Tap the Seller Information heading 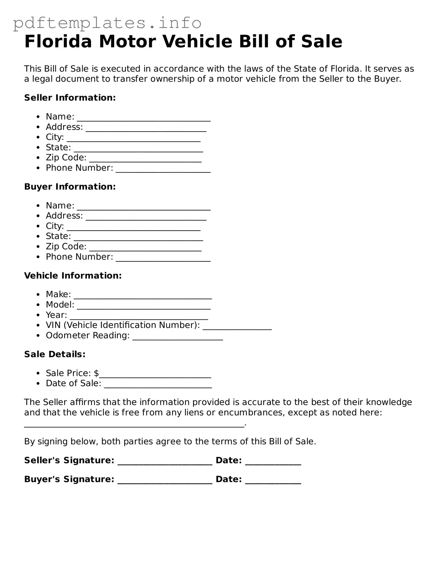pyautogui.click(x=70, y=98)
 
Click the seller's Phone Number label pyautogui.click(x=79, y=168)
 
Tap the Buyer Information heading pyautogui.click(x=70, y=187)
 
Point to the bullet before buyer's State pyautogui.click(x=39, y=237)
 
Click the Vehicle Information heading pyautogui.click(x=73, y=275)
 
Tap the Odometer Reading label pyautogui.click(x=88, y=335)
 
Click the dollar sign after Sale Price pyautogui.click(x=96, y=373)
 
